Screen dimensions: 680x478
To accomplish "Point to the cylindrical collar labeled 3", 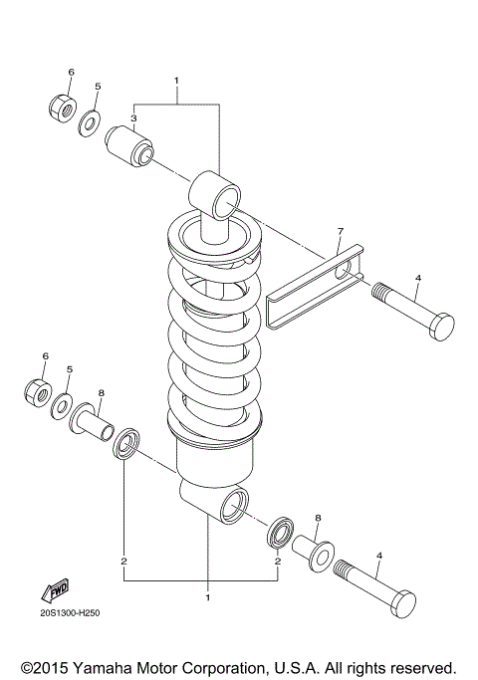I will pyautogui.click(x=130, y=142).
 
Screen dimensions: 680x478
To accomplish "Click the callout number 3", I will pyautogui.click(x=133, y=118).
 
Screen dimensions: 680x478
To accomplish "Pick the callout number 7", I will pyautogui.click(x=340, y=232).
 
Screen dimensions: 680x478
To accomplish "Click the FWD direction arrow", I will pyautogui.click(x=54, y=589).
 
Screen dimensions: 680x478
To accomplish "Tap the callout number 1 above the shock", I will pyautogui.click(x=176, y=79).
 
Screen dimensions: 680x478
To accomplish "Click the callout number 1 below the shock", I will pyautogui.click(x=208, y=597).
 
